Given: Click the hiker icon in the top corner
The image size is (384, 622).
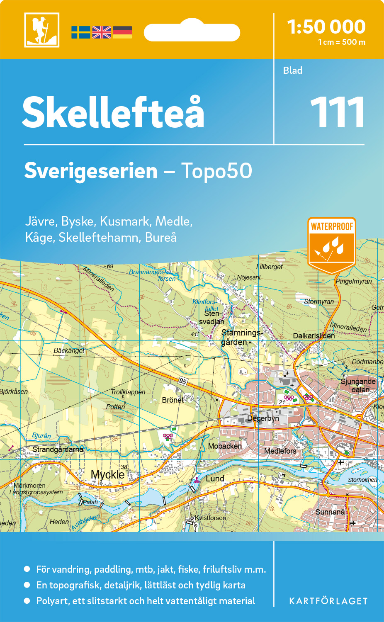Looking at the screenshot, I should pyautogui.click(x=41, y=30).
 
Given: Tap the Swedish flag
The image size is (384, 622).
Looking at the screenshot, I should pyautogui.click(x=80, y=32).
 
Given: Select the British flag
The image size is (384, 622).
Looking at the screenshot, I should pyautogui.click(x=102, y=32).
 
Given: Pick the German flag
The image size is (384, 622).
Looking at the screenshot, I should pyautogui.click(x=122, y=32).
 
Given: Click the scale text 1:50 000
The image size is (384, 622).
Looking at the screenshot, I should pyautogui.click(x=326, y=27).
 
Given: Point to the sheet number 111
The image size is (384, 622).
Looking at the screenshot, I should pyautogui.click(x=337, y=113).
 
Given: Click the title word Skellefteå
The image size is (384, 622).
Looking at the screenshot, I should pyautogui.click(x=113, y=113).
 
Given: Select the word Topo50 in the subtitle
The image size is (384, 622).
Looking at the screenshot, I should pyautogui.click(x=216, y=171).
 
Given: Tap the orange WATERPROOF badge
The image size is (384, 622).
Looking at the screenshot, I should pyautogui.click(x=332, y=245).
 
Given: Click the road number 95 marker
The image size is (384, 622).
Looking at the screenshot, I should pyautogui.click(x=183, y=381).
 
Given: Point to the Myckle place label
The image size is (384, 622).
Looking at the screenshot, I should pyautogui.click(x=107, y=474).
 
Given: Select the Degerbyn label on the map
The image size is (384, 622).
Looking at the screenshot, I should pyautogui.click(x=263, y=418).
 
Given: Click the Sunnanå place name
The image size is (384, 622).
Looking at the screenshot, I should pyautogui.click(x=330, y=512).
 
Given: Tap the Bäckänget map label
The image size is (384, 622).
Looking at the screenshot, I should pyautogui.click(x=69, y=351).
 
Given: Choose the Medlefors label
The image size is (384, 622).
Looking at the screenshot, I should pyautogui.click(x=280, y=451).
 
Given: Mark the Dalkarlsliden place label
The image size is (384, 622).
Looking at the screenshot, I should pyautogui.click(x=314, y=336).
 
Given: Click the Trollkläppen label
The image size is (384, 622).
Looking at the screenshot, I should pyautogui.click(x=128, y=392).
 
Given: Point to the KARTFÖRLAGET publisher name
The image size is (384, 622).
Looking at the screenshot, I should pyautogui.click(x=328, y=601).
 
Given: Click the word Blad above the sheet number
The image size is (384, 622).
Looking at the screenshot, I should pyautogui.click(x=293, y=70).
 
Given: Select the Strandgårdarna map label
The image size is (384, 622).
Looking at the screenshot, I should pyautogui.click(x=58, y=449).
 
